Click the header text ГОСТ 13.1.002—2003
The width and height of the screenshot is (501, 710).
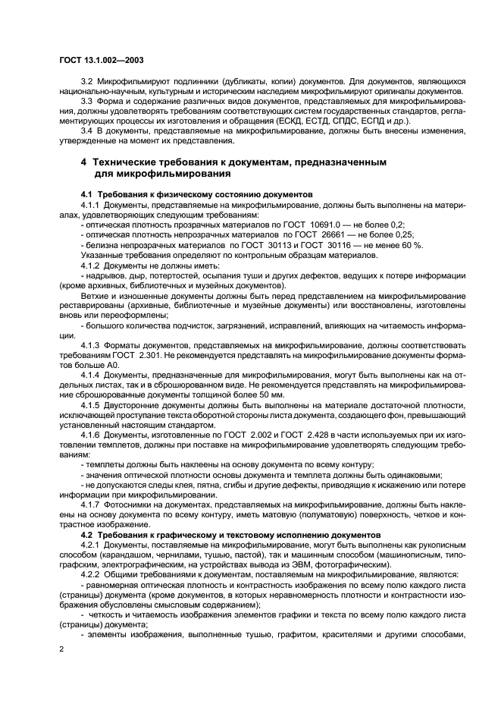coord(101,60)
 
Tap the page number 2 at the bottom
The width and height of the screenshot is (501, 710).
coord(61,649)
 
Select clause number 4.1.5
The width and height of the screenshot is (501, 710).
coord(90,404)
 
